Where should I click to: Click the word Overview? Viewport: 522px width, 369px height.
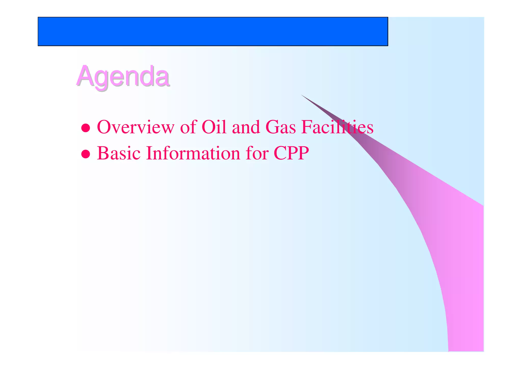(135, 127)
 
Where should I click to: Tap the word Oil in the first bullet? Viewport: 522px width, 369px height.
(214, 127)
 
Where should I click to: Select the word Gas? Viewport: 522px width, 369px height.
(280, 127)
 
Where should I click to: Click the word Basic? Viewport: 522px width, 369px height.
(119, 153)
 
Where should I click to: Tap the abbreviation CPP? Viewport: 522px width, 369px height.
(291, 153)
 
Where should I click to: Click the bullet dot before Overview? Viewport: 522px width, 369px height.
(86, 128)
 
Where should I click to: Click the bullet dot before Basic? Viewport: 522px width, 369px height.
(86, 154)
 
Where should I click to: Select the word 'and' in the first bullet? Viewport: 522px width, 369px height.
(246, 127)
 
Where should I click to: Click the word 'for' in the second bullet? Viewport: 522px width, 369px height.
(257, 153)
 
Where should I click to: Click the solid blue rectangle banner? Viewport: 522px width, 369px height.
(213, 32)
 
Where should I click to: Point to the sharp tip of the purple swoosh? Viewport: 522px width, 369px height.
(302, 95)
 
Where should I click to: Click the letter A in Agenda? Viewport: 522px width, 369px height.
(85, 76)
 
